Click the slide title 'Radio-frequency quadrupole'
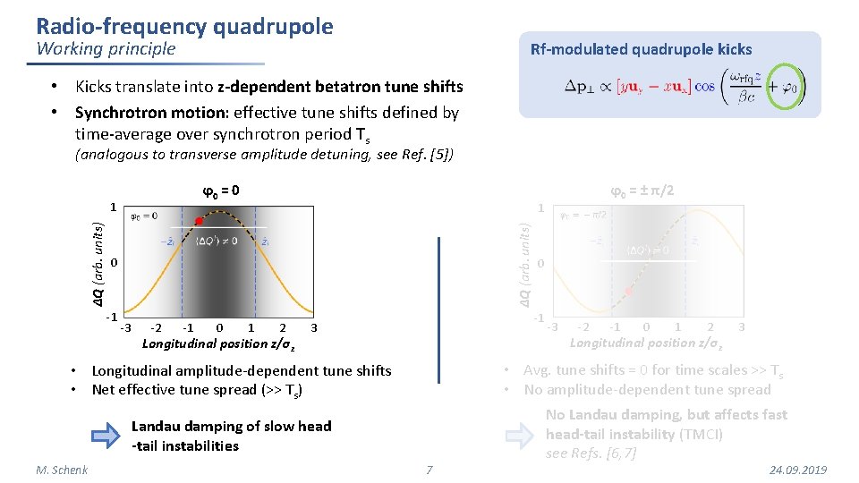click(184, 26)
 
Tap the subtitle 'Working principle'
click(106, 49)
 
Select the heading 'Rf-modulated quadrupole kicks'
click(641, 50)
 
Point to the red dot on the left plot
click(198, 222)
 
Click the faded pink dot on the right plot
click(629, 292)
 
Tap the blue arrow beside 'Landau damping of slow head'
click(106, 436)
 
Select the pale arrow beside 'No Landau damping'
click(520, 435)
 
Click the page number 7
click(429, 470)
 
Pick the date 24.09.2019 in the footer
click(797, 470)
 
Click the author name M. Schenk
click(62, 470)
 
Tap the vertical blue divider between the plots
click(439, 309)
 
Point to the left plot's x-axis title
click(220, 343)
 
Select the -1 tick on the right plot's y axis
click(539, 318)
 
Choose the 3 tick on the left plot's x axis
click(314, 328)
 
